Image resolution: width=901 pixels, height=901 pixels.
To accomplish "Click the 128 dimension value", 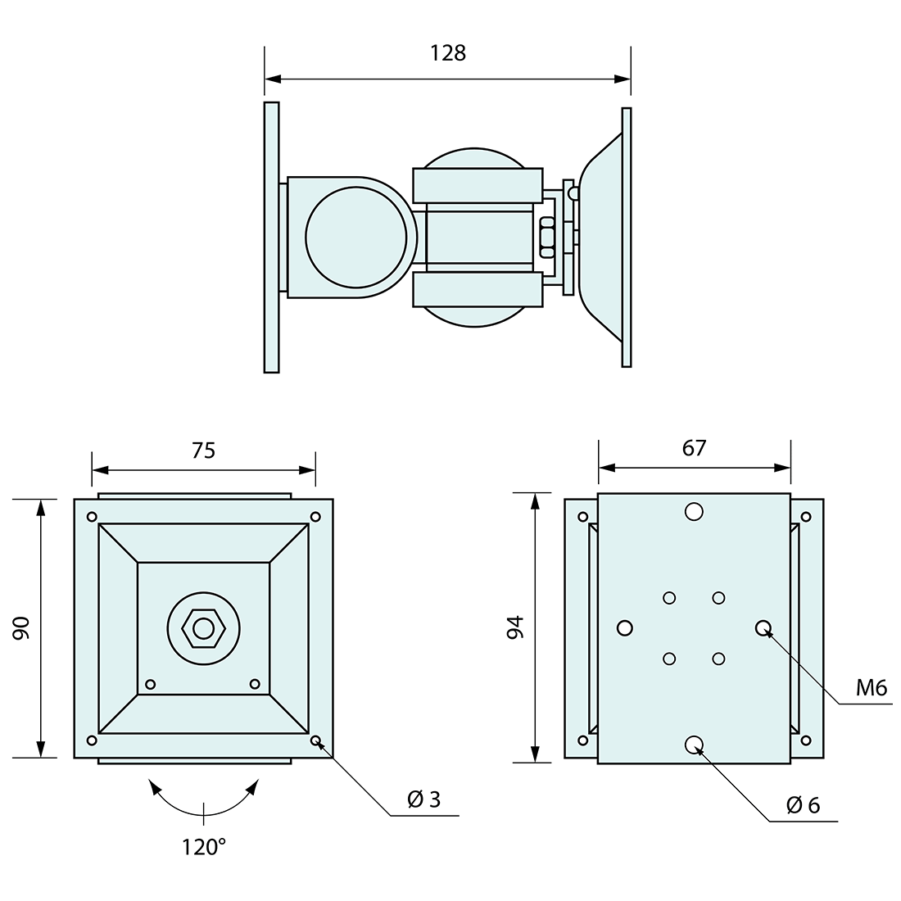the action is tap(447, 53).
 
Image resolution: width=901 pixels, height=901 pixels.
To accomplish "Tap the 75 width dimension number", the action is tap(203, 450).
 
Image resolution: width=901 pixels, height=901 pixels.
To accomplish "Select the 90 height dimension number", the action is tap(21, 628).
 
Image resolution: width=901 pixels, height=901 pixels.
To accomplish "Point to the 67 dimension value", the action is tap(694, 447).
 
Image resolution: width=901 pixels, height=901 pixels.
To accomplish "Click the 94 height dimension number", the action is tap(516, 627).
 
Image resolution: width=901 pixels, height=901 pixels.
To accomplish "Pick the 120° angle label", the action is tap(204, 846).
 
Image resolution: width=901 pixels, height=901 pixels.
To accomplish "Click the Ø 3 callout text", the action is tap(424, 799).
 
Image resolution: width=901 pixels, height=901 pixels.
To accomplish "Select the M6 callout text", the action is tap(872, 688).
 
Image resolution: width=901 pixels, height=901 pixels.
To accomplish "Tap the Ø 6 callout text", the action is tap(803, 806).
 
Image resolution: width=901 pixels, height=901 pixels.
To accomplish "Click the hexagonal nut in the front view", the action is tap(203, 628).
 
